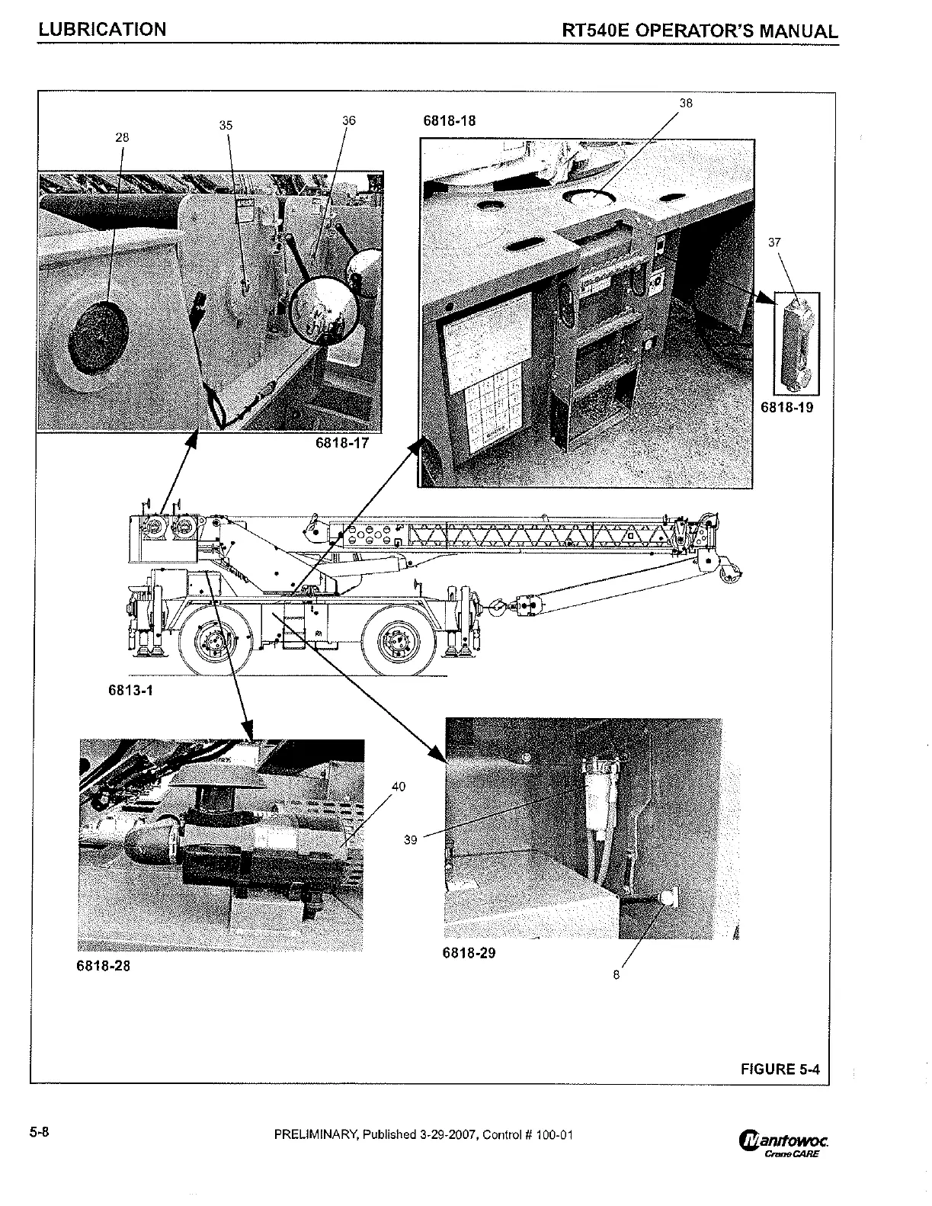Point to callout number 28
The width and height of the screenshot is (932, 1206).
point(122,138)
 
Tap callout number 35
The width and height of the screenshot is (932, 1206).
point(226,126)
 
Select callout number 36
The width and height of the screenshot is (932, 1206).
point(348,120)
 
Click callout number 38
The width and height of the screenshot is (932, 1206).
point(686,104)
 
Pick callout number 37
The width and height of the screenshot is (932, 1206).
point(774,242)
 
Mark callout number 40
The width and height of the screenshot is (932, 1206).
point(398,786)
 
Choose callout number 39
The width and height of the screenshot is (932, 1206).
point(411,839)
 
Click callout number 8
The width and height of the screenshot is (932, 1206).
point(617,973)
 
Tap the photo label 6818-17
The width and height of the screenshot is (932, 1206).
point(341,443)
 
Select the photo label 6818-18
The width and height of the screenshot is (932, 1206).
point(450,120)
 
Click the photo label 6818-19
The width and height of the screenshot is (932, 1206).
point(787,407)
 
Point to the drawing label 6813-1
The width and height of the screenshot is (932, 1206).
point(130,691)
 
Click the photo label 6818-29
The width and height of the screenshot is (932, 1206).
point(469,952)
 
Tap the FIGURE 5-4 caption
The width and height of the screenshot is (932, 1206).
point(780,1069)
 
